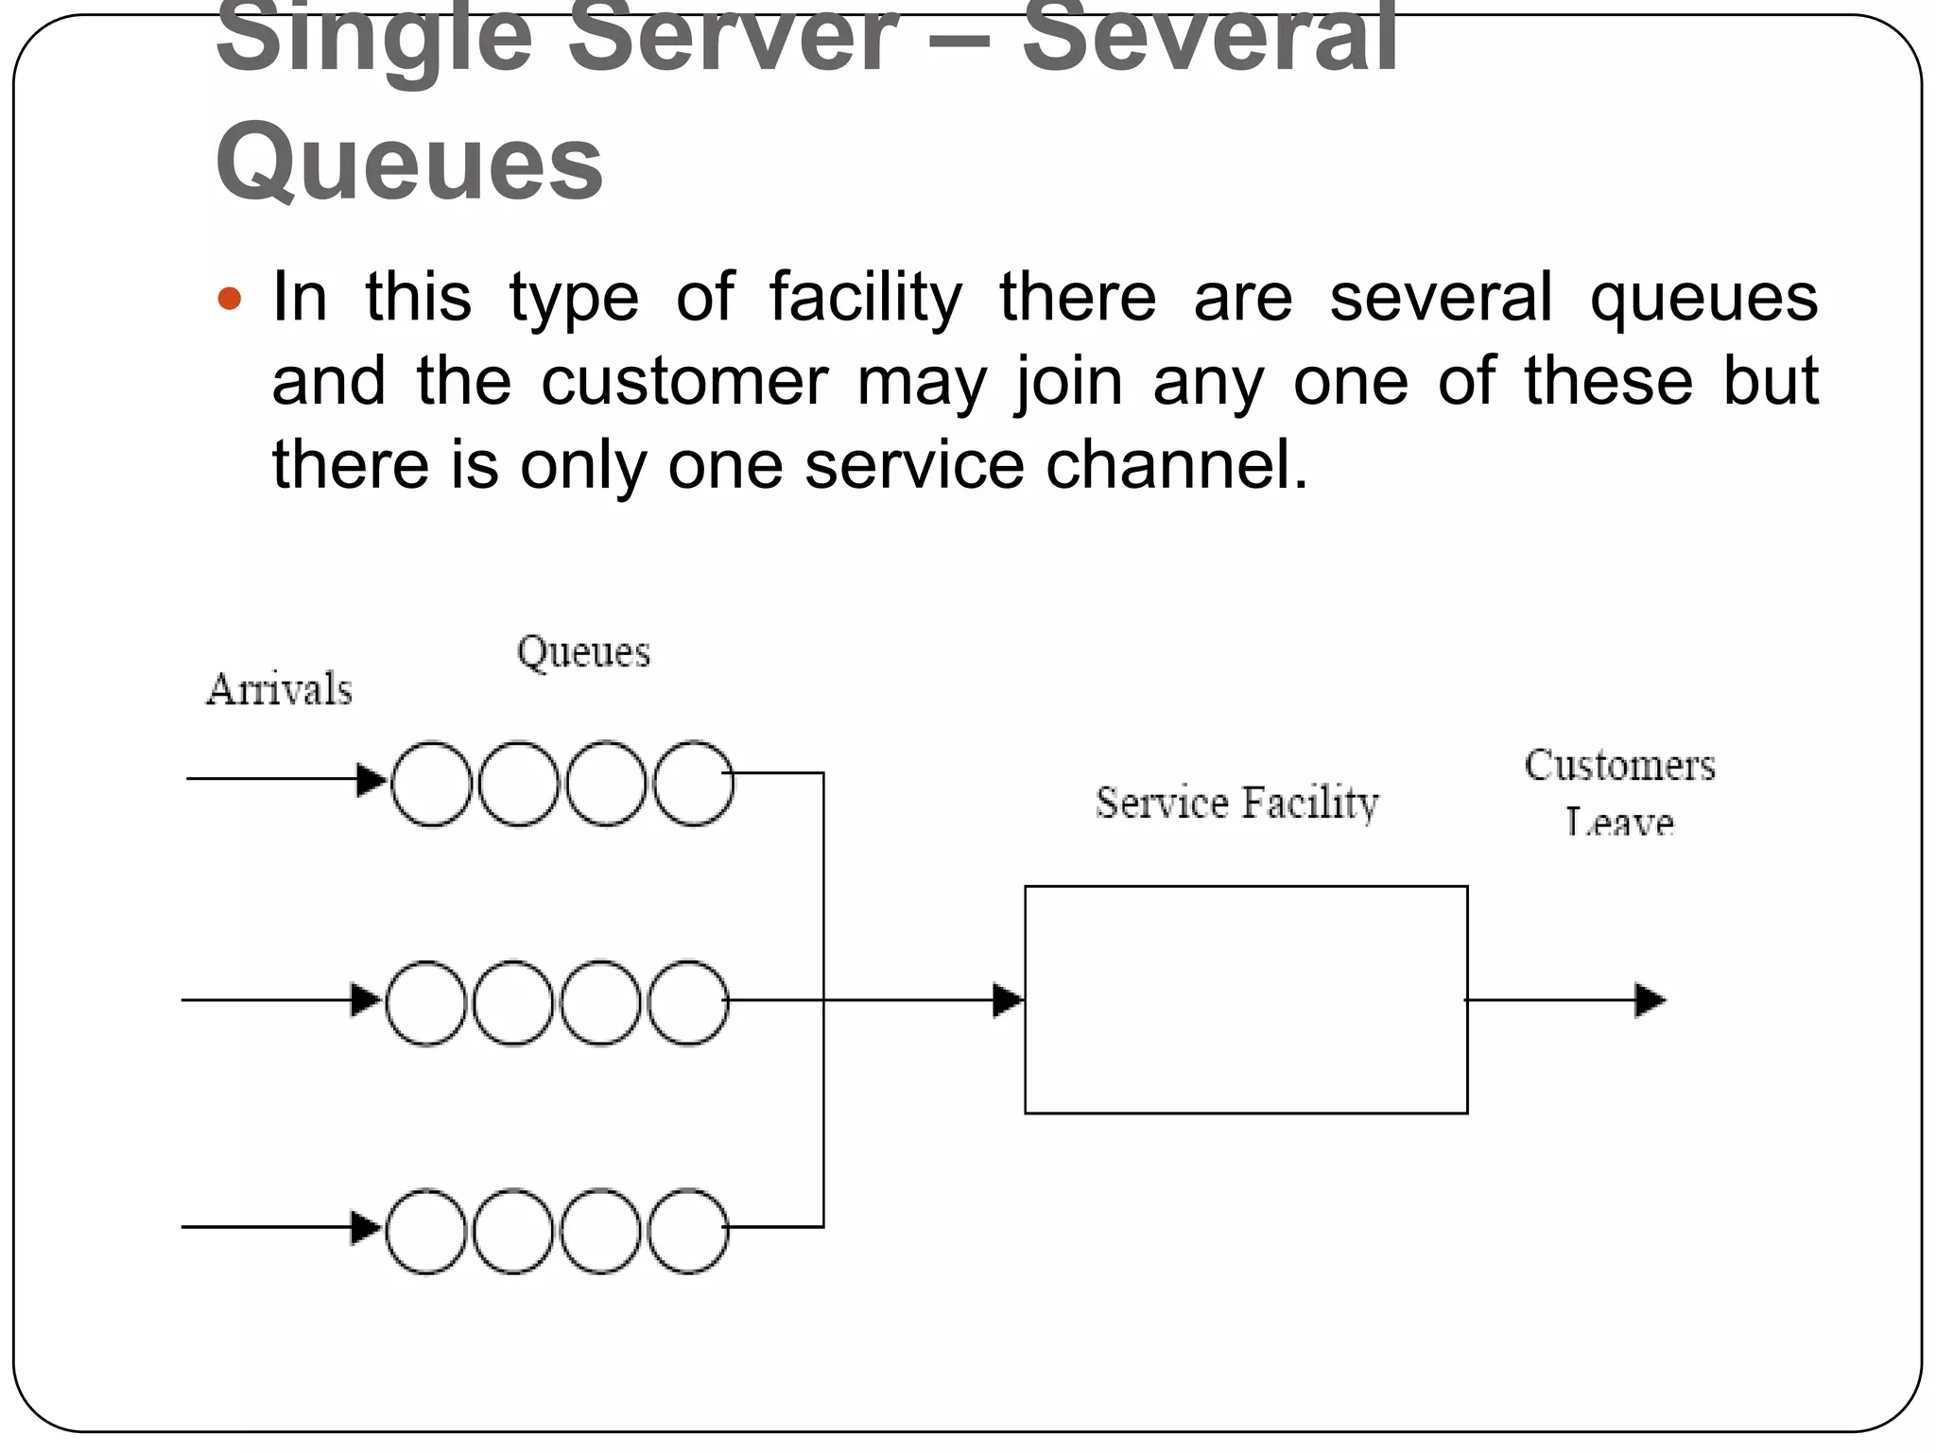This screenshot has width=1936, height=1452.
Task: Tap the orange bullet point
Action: [x=230, y=301]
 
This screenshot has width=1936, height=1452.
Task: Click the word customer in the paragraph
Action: [x=683, y=381]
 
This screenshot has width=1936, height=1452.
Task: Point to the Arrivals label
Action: [x=279, y=689]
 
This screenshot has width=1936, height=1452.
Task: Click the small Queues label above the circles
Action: [x=583, y=652]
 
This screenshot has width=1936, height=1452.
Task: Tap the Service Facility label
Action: [x=1236, y=804]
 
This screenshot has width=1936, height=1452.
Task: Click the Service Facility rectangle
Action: [x=1245, y=999]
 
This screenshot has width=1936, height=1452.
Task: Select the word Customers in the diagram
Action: [x=1618, y=766]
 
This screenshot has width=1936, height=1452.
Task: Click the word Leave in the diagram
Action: [x=1618, y=822]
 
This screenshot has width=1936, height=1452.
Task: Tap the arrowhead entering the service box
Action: [x=1008, y=1000]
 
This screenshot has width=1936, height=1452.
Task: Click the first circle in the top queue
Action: [x=431, y=784]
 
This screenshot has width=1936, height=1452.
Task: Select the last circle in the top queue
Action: [x=693, y=784]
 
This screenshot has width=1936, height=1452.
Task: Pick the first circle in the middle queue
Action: [x=426, y=1002]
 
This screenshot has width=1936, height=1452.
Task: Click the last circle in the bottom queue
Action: [x=688, y=1231]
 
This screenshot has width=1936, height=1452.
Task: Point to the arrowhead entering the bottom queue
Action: [x=365, y=1228]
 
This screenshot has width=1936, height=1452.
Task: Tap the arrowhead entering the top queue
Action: [x=371, y=780]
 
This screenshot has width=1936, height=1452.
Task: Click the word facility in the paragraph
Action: [x=865, y=298]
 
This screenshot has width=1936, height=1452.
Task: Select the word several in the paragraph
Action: [x=1440, y=298]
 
